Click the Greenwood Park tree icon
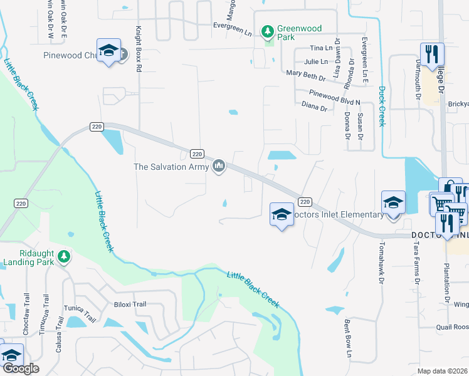(268, 31)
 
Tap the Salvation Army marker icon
(219, 167)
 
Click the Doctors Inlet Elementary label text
(338, 215)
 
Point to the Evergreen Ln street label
(232, 26)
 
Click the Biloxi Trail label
(130, 305)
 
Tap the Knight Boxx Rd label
(139, 46)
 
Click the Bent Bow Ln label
(348, 340)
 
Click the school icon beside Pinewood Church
(108, 51)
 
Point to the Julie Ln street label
(315, 61)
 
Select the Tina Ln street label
(320, 48)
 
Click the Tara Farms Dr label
(416, 264)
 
